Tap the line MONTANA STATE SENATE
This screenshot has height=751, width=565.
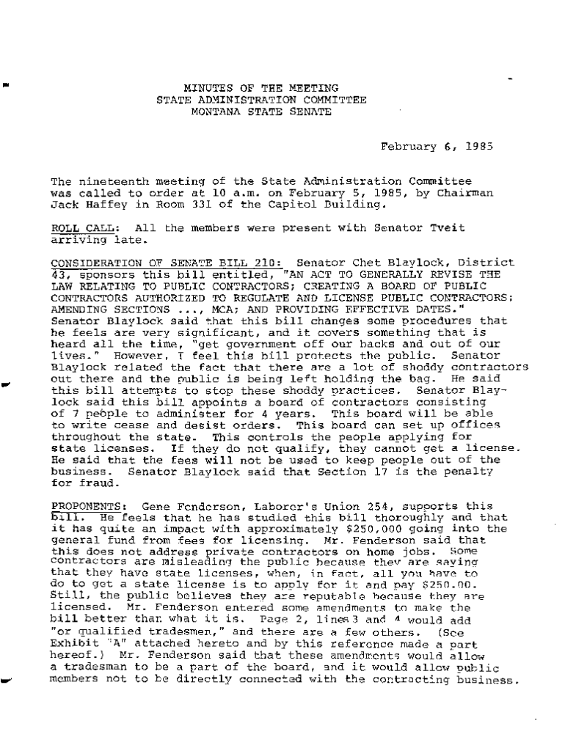click(x=260, y=112)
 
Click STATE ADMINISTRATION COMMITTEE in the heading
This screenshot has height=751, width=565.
click(x=260, y=100)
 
